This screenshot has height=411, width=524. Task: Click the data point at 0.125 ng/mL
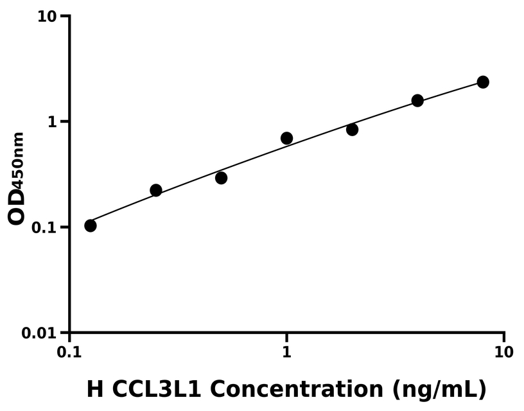coord(91,225)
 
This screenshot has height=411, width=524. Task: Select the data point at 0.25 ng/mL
coord(156,190)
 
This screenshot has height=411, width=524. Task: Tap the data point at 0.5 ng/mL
coord(221,178)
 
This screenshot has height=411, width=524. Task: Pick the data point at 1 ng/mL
coord(286,138)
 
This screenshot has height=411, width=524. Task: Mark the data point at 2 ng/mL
coord(352,130)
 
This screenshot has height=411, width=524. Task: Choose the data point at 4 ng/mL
coord(417,100)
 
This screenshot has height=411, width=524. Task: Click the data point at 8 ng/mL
coord(483,82)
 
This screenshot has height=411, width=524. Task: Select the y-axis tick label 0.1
coord(45,228)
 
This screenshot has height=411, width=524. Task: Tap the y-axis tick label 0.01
coord(40,333)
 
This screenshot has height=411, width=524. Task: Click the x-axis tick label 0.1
coord(69,353)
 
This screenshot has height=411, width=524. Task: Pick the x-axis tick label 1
coord(287,353)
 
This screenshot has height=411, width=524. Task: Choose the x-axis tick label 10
coord(504,353)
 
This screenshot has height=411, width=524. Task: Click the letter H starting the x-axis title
coord(94,389)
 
